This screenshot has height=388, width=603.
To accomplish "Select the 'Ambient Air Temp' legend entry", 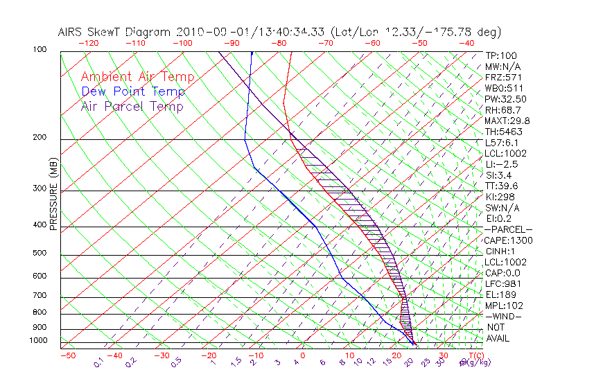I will click(x=138, y=77).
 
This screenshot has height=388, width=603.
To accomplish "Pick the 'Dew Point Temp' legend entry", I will click(x=133, y=92).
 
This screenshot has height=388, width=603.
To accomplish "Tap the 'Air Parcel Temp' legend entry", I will click(x=132, y=107).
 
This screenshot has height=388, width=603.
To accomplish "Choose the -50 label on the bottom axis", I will click(x=67, y=356).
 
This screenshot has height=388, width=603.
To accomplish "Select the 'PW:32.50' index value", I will click(x=506, y=99).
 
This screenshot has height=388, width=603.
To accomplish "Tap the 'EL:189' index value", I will click(x=500, y=294).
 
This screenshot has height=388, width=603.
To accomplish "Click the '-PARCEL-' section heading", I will click(x=508, y=229).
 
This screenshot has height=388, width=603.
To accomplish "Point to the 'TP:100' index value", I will click(x=500, y=55).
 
